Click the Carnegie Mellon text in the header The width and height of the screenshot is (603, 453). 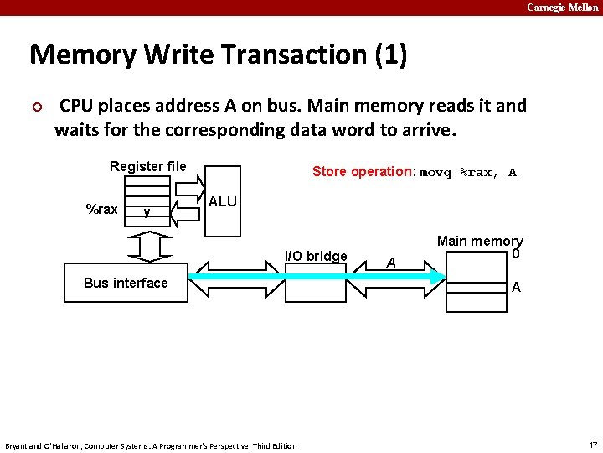coord(562,8)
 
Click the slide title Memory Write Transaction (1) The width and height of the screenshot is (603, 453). coord(218,55)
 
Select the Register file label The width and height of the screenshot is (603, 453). coord(147,166)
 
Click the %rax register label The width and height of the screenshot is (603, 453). coord(102,209)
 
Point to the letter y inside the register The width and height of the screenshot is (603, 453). coord(147,211)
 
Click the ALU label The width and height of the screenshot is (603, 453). coord(222,201)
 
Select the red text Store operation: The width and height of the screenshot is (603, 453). coord(363,172)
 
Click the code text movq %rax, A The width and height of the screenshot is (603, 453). coord(467,173)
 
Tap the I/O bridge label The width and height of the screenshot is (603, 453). coord(316,256)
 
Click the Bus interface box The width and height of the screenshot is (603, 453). coord(126,283)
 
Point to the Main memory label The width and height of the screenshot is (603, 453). coord(480,241)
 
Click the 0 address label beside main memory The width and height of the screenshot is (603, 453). coord(517,254)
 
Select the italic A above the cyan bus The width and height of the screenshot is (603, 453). coord(390,262)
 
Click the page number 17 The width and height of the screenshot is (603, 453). coord(593,445)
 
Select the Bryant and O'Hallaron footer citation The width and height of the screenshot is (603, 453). coord(151,445)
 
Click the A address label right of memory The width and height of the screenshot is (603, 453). coord(516,287)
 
